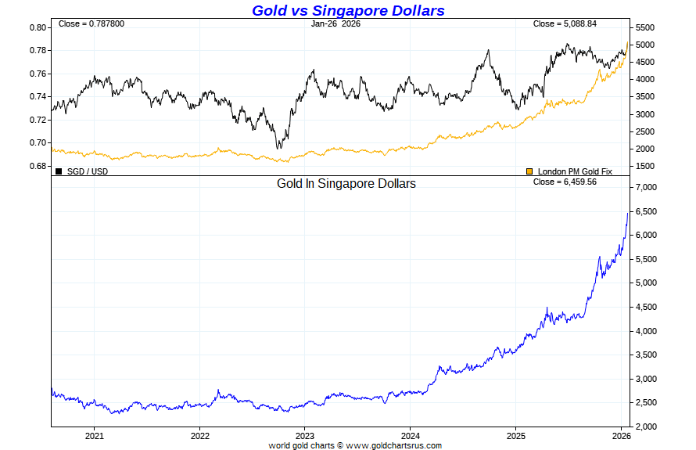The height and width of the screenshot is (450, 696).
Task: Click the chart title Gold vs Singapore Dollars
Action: tap(348, 10)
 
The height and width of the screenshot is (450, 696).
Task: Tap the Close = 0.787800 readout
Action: tap(91, 24)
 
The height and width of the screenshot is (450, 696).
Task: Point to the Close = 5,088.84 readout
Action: tap(565, 24)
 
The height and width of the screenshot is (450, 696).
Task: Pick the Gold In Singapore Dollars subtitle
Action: tap(346, 184)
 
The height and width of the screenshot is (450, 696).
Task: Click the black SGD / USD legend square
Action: tap(59, 171)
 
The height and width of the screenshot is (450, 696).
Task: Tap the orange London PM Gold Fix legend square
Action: tap(529, 171)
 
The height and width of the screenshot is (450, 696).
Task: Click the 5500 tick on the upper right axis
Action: tap(644, 27)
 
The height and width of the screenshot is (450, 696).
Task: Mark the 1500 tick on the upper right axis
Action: tap(644, 167)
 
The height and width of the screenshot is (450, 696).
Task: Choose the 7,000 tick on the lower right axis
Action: tap(648, 188)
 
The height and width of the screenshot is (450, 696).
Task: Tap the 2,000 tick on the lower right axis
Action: tap(648, 427)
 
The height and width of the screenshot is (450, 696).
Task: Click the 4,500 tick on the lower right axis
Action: tap(648, 307)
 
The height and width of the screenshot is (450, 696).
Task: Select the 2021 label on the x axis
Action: tap(95, 436)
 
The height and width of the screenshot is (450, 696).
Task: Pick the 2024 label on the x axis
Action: tap(411, 436)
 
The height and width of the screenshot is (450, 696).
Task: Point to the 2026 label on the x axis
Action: tap(621, 436)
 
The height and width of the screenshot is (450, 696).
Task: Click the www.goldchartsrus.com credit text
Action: tap(393, 445)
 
